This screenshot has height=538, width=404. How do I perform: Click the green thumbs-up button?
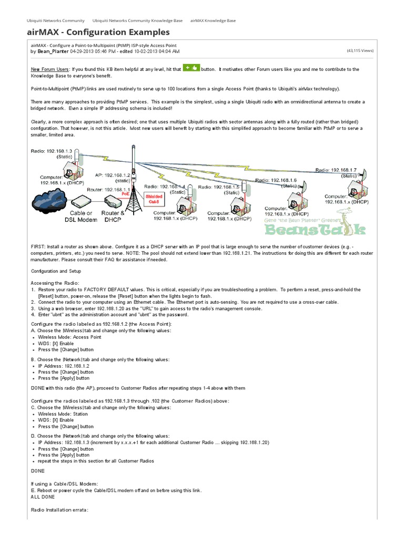191,68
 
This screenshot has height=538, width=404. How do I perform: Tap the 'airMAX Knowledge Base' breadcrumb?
213,20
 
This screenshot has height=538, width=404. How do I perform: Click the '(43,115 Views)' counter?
360,51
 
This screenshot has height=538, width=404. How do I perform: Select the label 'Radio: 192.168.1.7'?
336,170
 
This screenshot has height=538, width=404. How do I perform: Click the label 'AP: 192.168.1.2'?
112,175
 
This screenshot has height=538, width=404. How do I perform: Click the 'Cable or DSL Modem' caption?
82,217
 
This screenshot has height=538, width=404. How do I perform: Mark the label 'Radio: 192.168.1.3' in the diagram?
51,151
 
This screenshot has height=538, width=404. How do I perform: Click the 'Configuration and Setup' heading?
56,271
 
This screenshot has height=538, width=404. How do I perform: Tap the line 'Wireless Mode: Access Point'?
69,337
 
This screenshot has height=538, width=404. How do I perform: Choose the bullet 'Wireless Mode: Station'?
63,413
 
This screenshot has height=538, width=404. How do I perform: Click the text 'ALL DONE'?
43,496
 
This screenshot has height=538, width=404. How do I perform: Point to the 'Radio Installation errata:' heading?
60,510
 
